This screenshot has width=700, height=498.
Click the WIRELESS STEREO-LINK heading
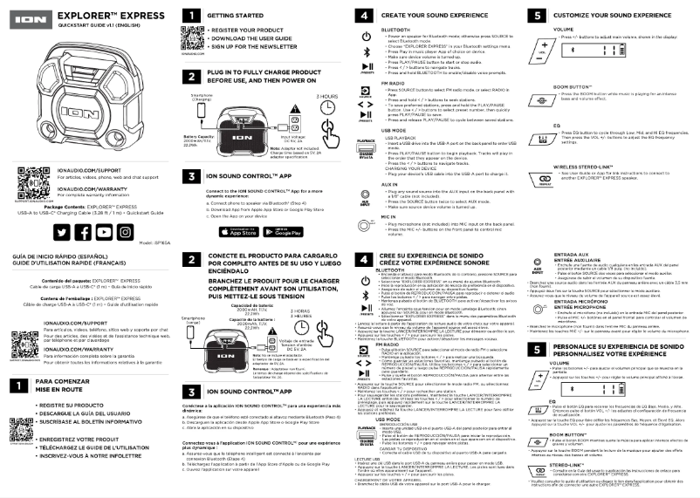point(582,166)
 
